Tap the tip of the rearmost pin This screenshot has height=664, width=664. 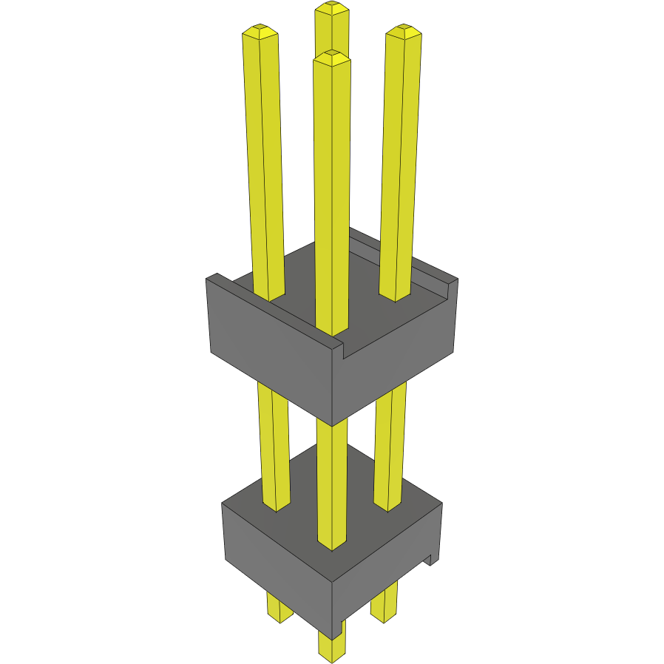[331, 9]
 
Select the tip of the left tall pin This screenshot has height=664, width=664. [260, 31]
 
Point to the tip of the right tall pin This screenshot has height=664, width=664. [404, 31]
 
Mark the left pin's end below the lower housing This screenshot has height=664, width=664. [280, 610]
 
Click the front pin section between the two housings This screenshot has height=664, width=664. [331, 481]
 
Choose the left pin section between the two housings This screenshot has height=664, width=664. [274, 444]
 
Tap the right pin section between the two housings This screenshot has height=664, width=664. [390, 444]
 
